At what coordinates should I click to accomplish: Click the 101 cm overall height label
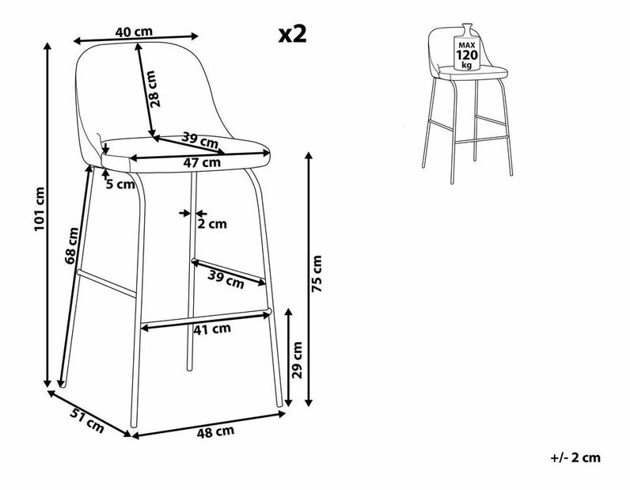click(x=40, y=209)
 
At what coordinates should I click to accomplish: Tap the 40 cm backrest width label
click(x=134, y=32)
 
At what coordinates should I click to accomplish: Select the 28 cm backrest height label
click(x=154, y=89)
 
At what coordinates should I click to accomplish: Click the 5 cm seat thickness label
click(x=120, y=184)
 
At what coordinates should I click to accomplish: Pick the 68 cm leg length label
click(x=72, y=245)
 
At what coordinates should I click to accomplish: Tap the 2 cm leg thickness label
click(x=212, y=224)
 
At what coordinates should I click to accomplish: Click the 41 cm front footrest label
click(x=212, y=329)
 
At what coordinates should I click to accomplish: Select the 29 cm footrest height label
click(x=297, y=360)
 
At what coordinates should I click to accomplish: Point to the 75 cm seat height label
click(x=317, y=273)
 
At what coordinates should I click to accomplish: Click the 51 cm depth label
click(x=87, y=420)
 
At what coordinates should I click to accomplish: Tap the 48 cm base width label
click(x=215, y=432)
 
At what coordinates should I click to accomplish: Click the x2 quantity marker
click(x=293, y=35)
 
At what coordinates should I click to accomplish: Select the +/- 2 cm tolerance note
click(x=575, y=458)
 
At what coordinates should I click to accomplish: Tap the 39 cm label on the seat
click(x=199, y=140)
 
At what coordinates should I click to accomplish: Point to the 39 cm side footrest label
click(x=226, y=279)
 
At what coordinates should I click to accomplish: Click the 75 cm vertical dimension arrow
click(x=309, y=279)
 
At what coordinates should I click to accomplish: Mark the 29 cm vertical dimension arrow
click(x=288, y=357)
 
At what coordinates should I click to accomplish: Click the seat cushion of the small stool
click(x=473, y=73)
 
